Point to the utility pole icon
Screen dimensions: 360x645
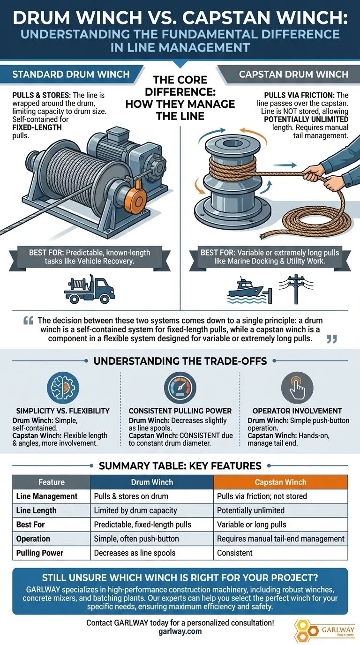click(x=296, y=289)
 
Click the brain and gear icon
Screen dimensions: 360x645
click(x=63, y=388)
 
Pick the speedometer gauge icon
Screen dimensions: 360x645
click(x=180, y=388)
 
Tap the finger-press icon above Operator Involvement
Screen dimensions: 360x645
click(x=297, y=388)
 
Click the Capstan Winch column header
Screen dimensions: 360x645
click(x=280, y=482)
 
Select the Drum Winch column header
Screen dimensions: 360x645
click(x=152, y=482)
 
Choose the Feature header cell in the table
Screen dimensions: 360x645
click(x=52, y=482)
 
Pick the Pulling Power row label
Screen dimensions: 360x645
click(x=40, y=553)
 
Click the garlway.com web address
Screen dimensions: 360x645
click(x=180, y=631)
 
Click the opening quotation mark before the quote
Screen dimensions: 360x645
click(x=28, y=321)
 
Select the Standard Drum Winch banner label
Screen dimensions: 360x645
click(x=71, y=74)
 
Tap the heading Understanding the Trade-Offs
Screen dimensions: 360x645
click(x=180, y=361)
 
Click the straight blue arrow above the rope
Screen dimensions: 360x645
click(x=285, y=165)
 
